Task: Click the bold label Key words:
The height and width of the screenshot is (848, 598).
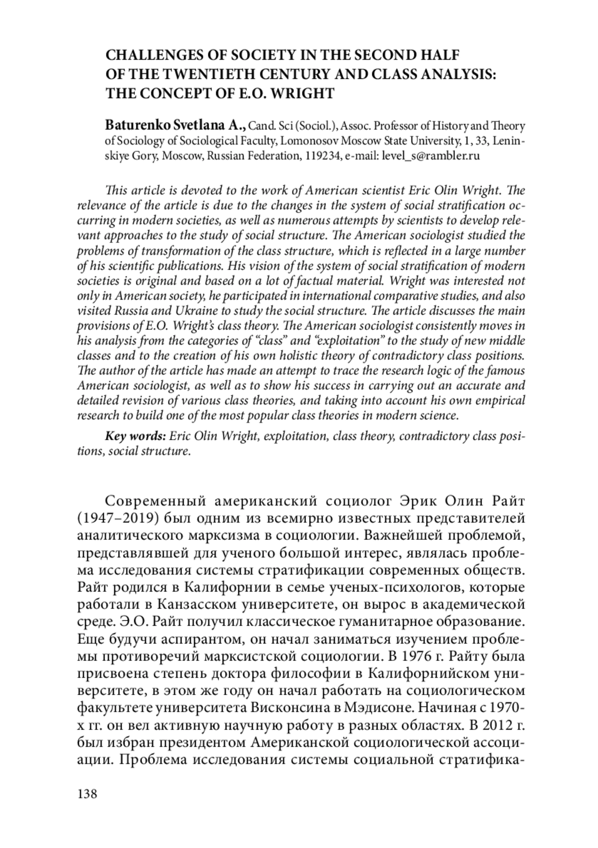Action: click(135, 437)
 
